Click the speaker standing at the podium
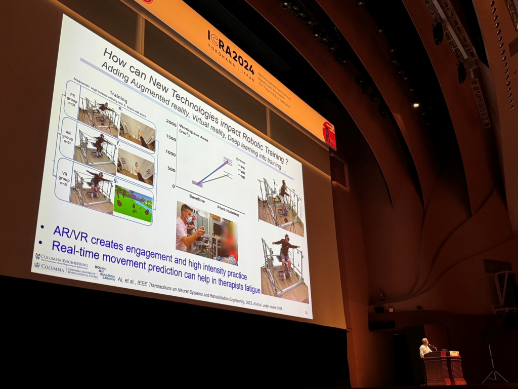pos(425,348)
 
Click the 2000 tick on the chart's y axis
pos(170,124)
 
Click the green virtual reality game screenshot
pos(133,203)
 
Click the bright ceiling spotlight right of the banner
pos(415,105)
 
